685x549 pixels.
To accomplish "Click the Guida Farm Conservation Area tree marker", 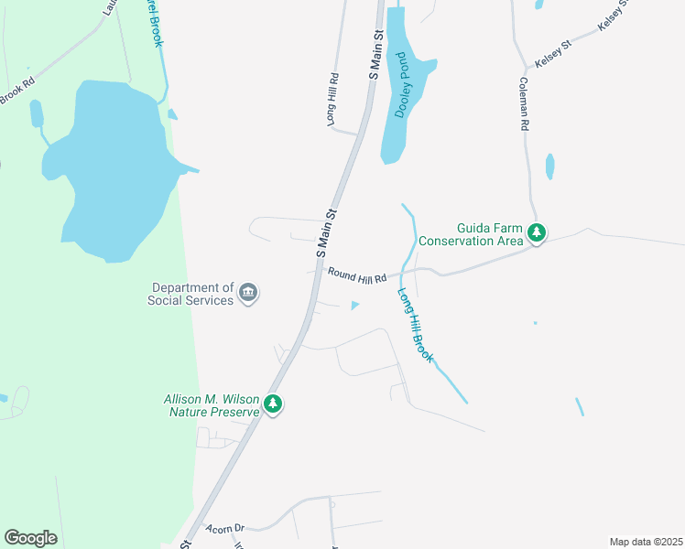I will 537,234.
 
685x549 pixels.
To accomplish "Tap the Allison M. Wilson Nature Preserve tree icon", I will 272,404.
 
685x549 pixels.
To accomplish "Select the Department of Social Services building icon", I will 248,293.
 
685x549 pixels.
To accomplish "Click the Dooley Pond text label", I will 400,84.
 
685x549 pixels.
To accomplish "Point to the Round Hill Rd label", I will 358,273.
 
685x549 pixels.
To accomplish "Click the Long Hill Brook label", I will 415,326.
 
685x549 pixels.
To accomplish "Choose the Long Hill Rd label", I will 334,99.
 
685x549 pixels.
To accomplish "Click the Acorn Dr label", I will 225,528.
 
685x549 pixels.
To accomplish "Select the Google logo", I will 30,538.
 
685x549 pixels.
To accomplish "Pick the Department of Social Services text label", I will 190,294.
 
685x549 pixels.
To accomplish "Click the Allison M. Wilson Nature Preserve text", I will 212,405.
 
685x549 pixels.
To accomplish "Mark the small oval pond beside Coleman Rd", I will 549,167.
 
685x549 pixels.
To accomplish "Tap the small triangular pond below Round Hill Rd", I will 355,306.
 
